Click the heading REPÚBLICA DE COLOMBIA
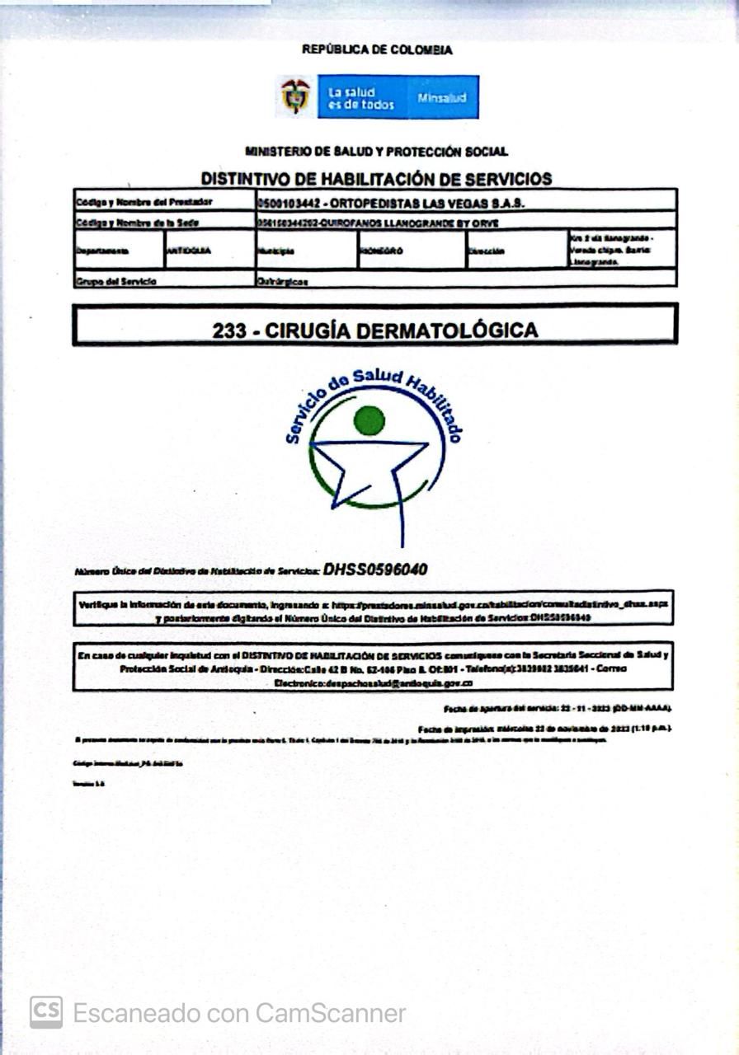point(377,49)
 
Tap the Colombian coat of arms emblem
point(295,96)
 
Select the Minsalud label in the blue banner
point(441,98)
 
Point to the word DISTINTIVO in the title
point(252,179)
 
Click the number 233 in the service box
point(229,331)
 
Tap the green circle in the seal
point(369,420)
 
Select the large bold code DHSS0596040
point(375,569)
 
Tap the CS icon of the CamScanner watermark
point(46,1012)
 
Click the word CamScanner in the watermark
point(331,1012)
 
